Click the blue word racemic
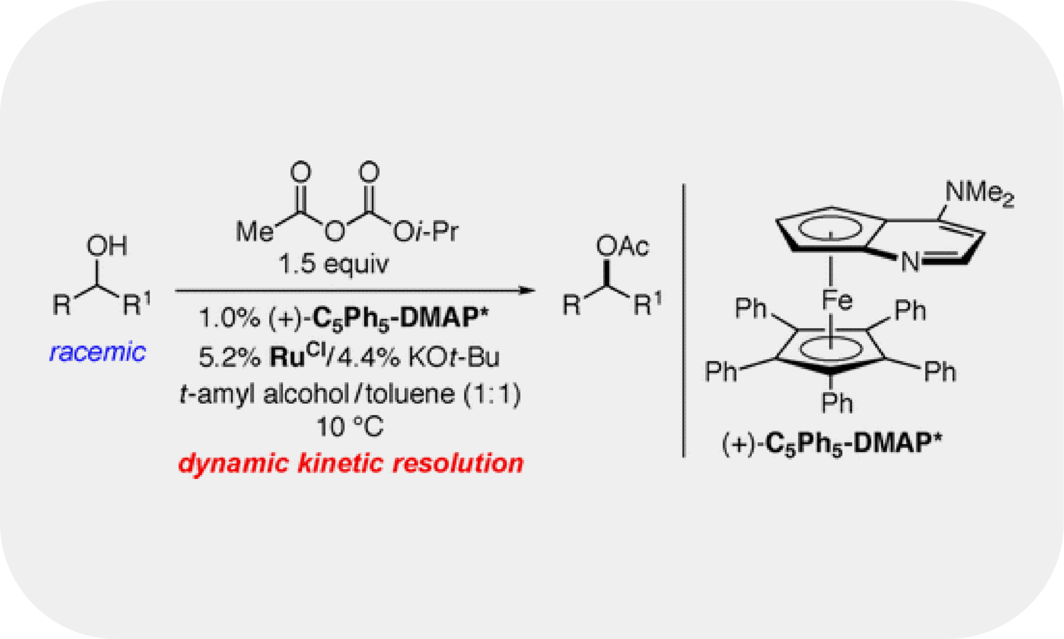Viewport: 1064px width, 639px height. tap(98, 352)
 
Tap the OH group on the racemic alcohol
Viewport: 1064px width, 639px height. tap(106, 246)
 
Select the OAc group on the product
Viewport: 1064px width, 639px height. tap(622, 246)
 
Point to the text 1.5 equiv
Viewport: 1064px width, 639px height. tap(333, 264)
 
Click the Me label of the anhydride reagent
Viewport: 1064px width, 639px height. tap(254, 231)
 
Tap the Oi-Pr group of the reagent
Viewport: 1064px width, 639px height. tap(426, 231)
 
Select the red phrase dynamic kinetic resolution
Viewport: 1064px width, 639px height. tap(350, 463)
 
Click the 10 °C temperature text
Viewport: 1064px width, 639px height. tap(350, 427)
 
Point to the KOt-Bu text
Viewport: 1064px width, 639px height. tap(454, 357)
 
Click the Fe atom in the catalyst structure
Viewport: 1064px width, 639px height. tap(836, 300)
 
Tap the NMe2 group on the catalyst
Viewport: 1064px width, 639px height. tap(979, 193)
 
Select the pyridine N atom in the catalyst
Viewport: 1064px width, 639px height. tap(910, 261)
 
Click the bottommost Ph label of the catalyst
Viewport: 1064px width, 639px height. tap(837, 403)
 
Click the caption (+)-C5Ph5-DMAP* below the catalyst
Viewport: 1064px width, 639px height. tap(832, 444)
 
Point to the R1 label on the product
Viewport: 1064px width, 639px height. tap(647, 303)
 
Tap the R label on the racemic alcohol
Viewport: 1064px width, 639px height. tap(62, 305)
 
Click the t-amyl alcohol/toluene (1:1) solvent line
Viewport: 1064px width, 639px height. tap(350, 394)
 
